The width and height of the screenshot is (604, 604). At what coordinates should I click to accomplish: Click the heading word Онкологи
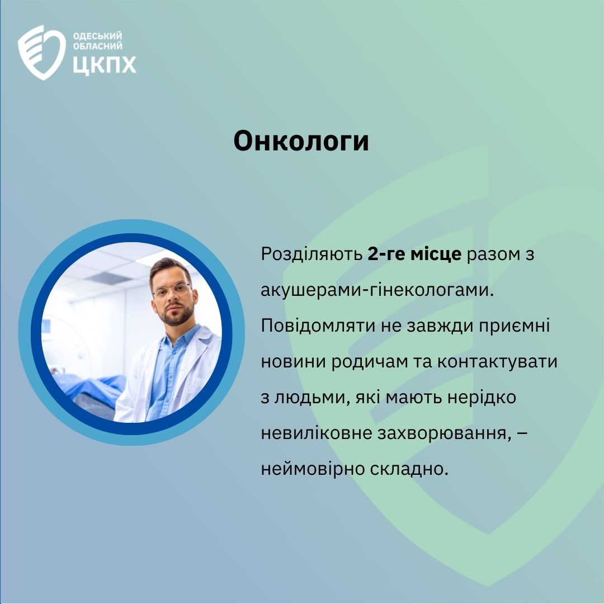click(301, 141)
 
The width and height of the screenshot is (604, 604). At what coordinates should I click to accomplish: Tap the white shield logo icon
click(41, 53)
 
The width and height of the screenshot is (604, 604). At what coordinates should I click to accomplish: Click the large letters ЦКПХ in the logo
click(105, 65)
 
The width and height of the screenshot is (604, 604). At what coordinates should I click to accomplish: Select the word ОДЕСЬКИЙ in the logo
click(97, 36)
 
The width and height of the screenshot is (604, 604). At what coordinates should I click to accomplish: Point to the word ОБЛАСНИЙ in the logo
click(98, 46)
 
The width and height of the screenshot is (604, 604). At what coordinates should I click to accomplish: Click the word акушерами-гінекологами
click(377, 290)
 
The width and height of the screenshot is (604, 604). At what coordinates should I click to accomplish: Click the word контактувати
click(497, 362)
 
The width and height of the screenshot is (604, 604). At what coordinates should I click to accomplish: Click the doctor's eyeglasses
click(172, 290)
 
